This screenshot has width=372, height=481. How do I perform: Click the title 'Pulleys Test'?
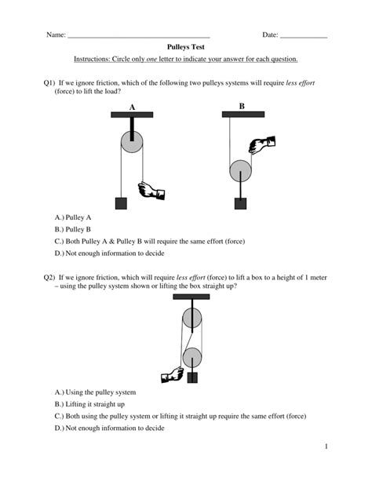pyautogui.click(x=186, y=47)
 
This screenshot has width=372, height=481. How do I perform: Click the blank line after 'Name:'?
pyautogui.click(x=139, y=38)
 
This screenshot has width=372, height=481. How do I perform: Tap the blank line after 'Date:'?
pyautogui.click(x=304, y=38)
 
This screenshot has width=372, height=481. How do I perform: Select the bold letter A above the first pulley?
pyautogui.click(x=132, y=107)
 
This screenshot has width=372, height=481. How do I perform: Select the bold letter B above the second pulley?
pyautogui.click(x=242, y=106)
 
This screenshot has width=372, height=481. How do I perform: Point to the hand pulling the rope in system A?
pyautogui.click(x=151, y=191)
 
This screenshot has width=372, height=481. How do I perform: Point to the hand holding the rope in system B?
pyautogui.click(x=262, y=144)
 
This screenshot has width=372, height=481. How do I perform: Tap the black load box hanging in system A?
pyautogui.click(x=121, y=203)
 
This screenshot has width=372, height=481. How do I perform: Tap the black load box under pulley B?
pyautogui.click(x=240, y=203)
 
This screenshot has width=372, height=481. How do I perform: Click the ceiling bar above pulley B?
pyautogui.click(x=243, y=115)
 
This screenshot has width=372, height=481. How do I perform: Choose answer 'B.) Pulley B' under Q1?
pyautogui.click(x=73, y=229)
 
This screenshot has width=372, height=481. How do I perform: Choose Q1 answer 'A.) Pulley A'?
pyautogui.click(x=73, y=217)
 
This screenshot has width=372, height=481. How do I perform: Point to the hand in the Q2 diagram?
pyautogui.click(x=172, y=375)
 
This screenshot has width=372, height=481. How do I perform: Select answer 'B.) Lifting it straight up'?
pyautogui.click(x=89, y=404)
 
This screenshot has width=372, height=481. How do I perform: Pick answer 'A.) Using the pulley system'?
pyautogui.click(x=95, y=392)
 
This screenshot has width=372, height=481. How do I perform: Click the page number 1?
pyautogui.click(x=326, y=446)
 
